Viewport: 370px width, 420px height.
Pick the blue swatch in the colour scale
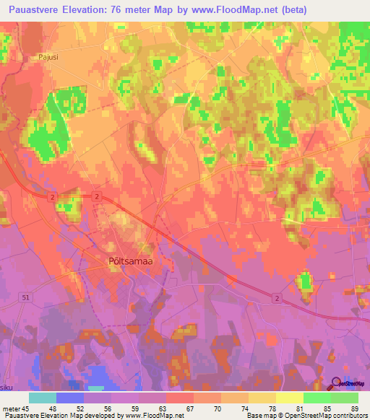tap(70, 398)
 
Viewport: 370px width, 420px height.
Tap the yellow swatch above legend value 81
tap(289, 398)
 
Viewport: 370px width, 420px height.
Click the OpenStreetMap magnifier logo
tap(337, 384)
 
